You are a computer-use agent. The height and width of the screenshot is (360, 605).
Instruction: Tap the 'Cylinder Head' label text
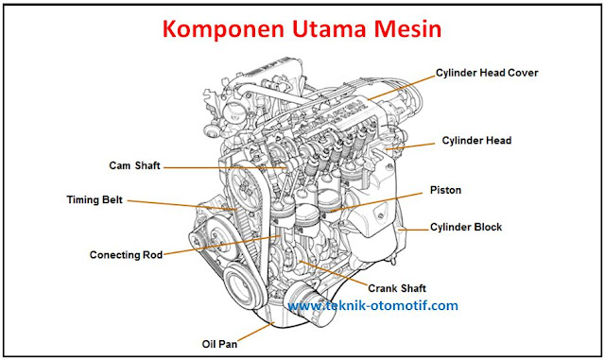click(476, 141)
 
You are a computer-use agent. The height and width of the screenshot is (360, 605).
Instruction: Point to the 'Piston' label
click(445, 190)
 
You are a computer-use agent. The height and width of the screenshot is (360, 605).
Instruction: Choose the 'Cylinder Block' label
click(466, 227)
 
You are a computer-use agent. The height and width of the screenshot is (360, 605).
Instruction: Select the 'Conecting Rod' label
click(126, 254)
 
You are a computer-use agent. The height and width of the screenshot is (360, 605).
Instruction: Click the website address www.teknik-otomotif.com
click(372, 306)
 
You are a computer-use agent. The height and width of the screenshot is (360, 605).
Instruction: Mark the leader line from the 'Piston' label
click(388, 197)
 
